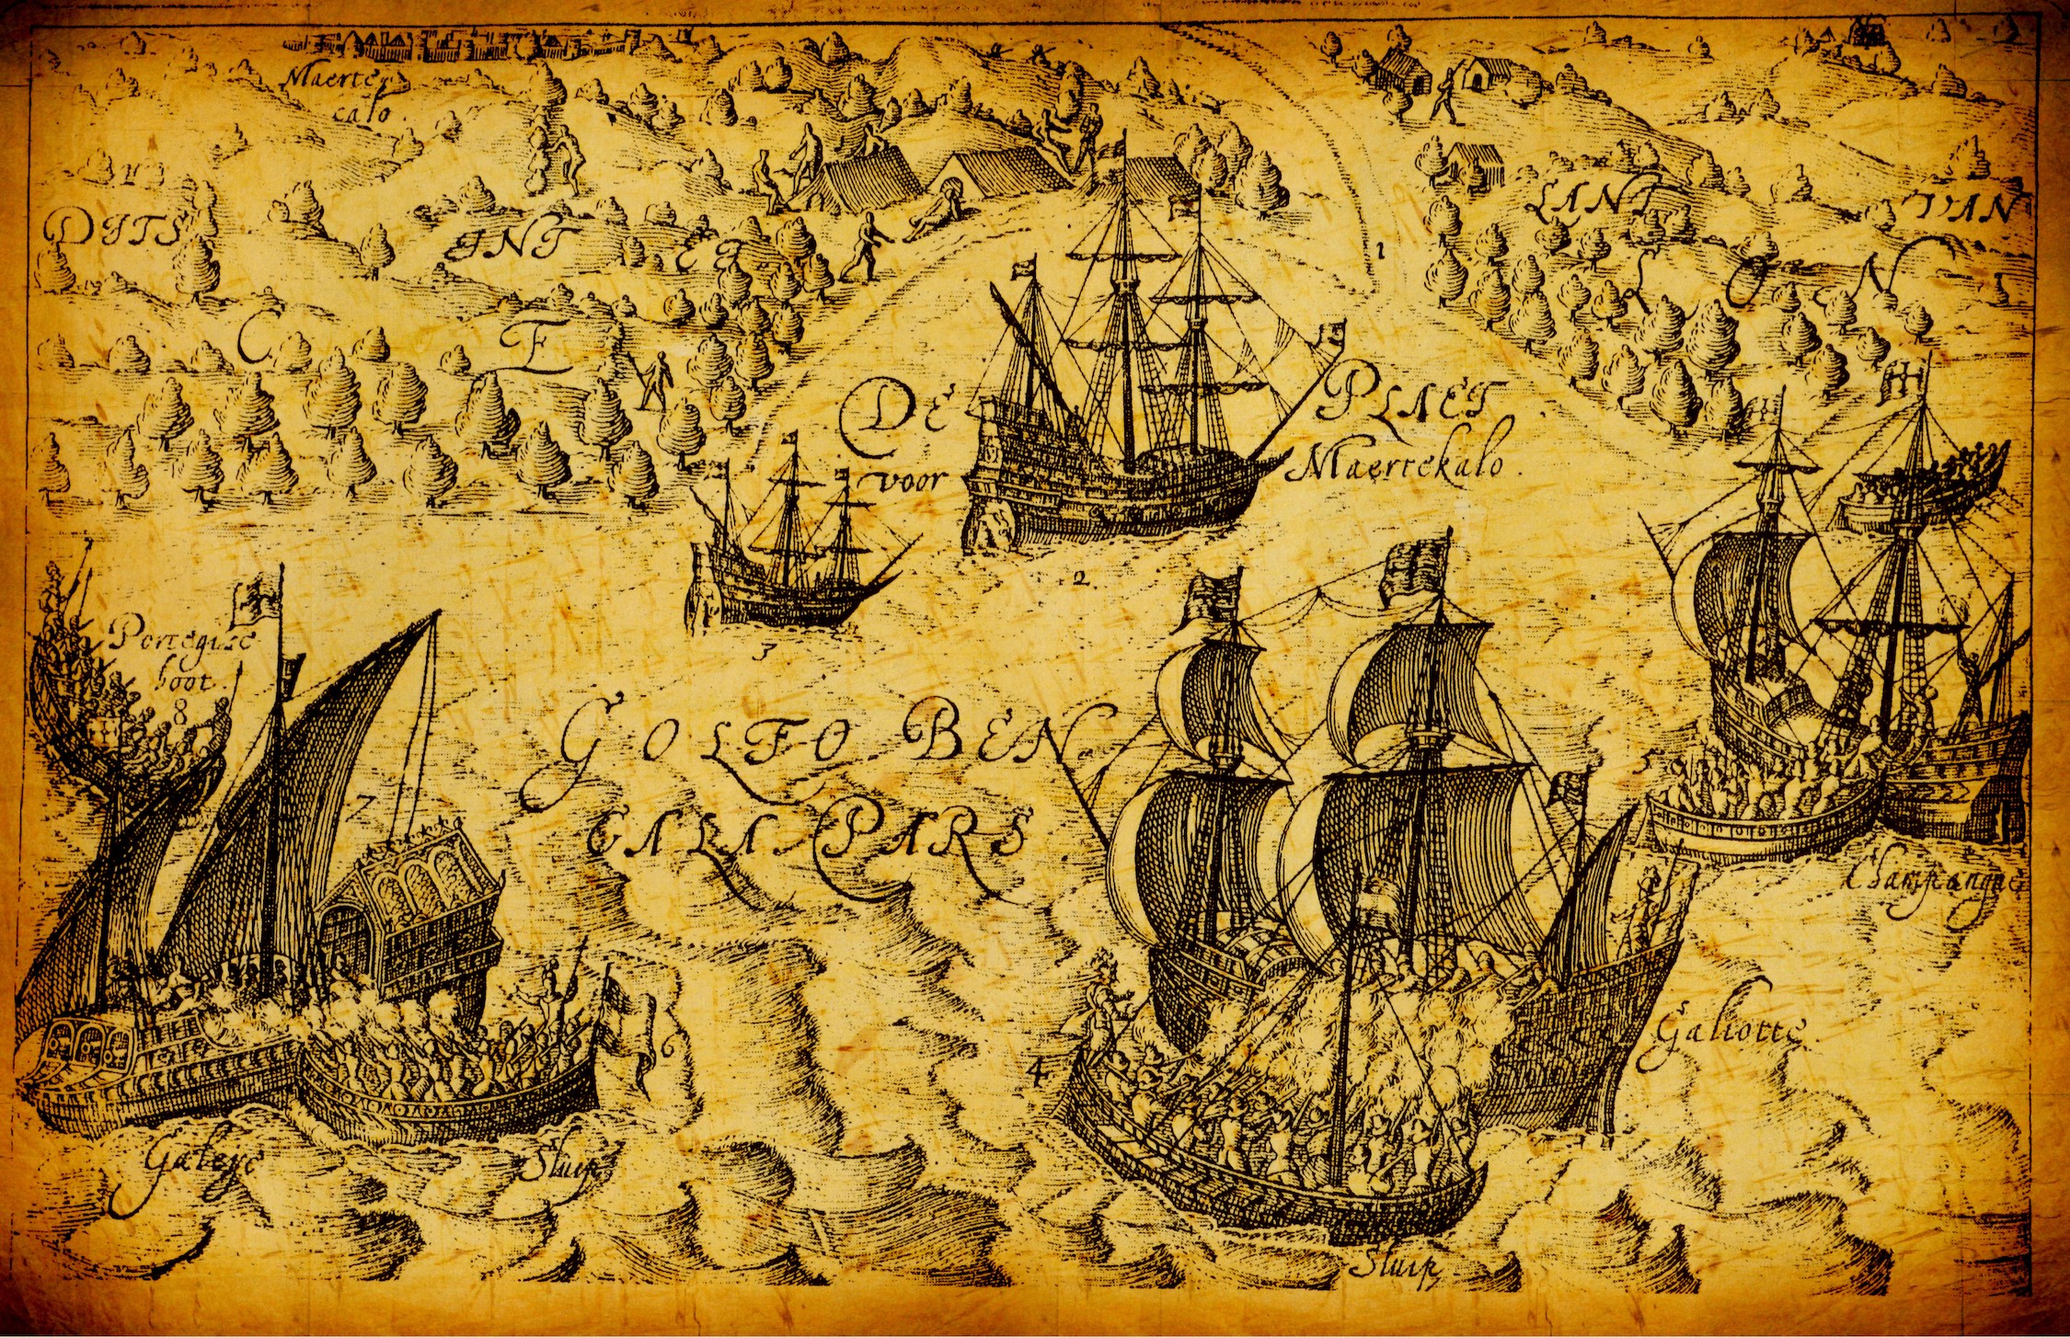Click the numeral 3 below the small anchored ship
coord(762,654)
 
